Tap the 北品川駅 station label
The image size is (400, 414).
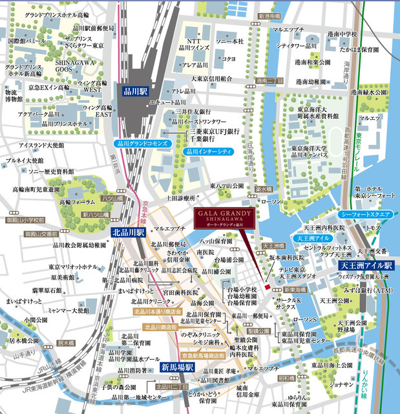point(129,231)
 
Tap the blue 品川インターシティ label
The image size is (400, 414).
point(207,151)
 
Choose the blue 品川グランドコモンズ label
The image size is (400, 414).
point(142,143)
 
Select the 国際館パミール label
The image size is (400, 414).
point(27,41)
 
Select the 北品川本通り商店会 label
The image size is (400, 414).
point(158,311)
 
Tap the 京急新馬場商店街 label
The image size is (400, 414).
point(203,356)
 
